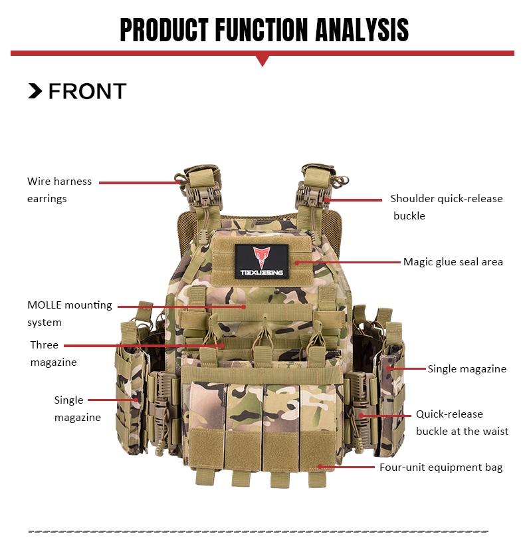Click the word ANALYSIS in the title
click(362, 30)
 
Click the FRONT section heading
click(87, 92)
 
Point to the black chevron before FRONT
click(35, 92)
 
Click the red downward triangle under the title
click(262, 61)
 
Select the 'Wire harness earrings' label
click(59, 190)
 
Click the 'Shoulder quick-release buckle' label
click(446, 207)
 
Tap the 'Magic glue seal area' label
click(453, 262)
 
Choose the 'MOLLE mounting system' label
click(69, 314)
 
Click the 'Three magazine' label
click(53, 354)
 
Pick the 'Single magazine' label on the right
click(467, 368)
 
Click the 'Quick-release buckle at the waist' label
click(462, 422)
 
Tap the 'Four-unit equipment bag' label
click(441, 468)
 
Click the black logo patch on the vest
click(261, 261)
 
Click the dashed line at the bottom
click(259, 531)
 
